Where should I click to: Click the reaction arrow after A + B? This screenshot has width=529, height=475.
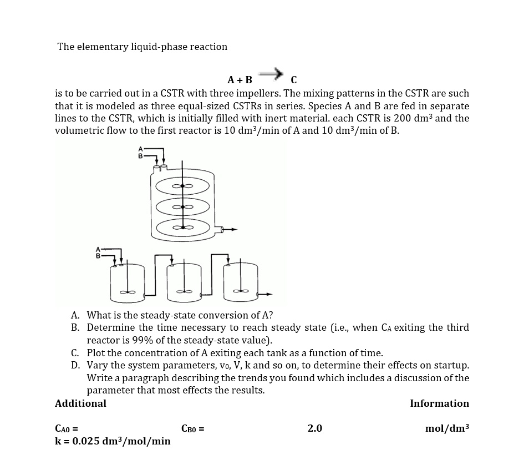click(270, 73)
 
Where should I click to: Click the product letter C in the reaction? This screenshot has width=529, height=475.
click(293, 79)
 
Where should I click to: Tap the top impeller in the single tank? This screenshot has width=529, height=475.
click(183, 186)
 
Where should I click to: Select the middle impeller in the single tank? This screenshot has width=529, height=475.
click(183, 206)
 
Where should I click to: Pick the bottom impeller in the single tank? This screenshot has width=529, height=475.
click(183, 226)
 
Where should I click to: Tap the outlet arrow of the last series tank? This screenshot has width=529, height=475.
click(267, 294)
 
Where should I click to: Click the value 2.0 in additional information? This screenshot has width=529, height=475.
click(314, 428)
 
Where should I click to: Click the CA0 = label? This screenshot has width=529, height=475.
click(67, 428)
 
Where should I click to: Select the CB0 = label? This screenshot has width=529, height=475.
click(193, 428)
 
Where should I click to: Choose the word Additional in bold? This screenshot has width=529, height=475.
click(80, 403)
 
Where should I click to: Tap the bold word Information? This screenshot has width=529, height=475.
click(439, 403)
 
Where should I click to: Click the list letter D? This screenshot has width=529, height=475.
click(75, 365)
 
